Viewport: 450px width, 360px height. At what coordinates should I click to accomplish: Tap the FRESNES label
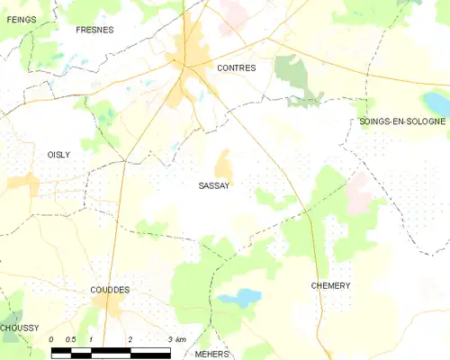tap(94, 30)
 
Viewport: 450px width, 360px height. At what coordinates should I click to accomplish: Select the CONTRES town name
tap(237, 67)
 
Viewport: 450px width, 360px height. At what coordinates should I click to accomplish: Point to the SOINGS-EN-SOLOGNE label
tap(401, 121)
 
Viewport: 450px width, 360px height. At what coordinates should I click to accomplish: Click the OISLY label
tap(58, 155)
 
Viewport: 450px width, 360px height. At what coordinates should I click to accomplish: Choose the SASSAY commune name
tap(213, 186)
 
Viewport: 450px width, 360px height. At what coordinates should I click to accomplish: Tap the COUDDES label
tap(110, 290)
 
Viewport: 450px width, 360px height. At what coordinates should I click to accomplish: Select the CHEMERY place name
tap(330, 285)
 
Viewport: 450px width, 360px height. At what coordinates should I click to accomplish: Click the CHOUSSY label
tap(20, 328)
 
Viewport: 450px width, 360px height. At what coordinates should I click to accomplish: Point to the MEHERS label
tap(212, 354)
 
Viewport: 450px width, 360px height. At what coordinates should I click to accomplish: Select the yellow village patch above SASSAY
tap(223, 165)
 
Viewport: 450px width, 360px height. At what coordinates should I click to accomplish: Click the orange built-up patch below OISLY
tap(22, 184)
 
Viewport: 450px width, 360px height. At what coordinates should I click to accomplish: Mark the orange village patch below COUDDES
tap(110, 309)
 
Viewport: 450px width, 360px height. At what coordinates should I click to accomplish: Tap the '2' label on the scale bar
tap(131, 339)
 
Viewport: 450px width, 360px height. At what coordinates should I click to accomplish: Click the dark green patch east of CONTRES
tap(290, 69)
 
